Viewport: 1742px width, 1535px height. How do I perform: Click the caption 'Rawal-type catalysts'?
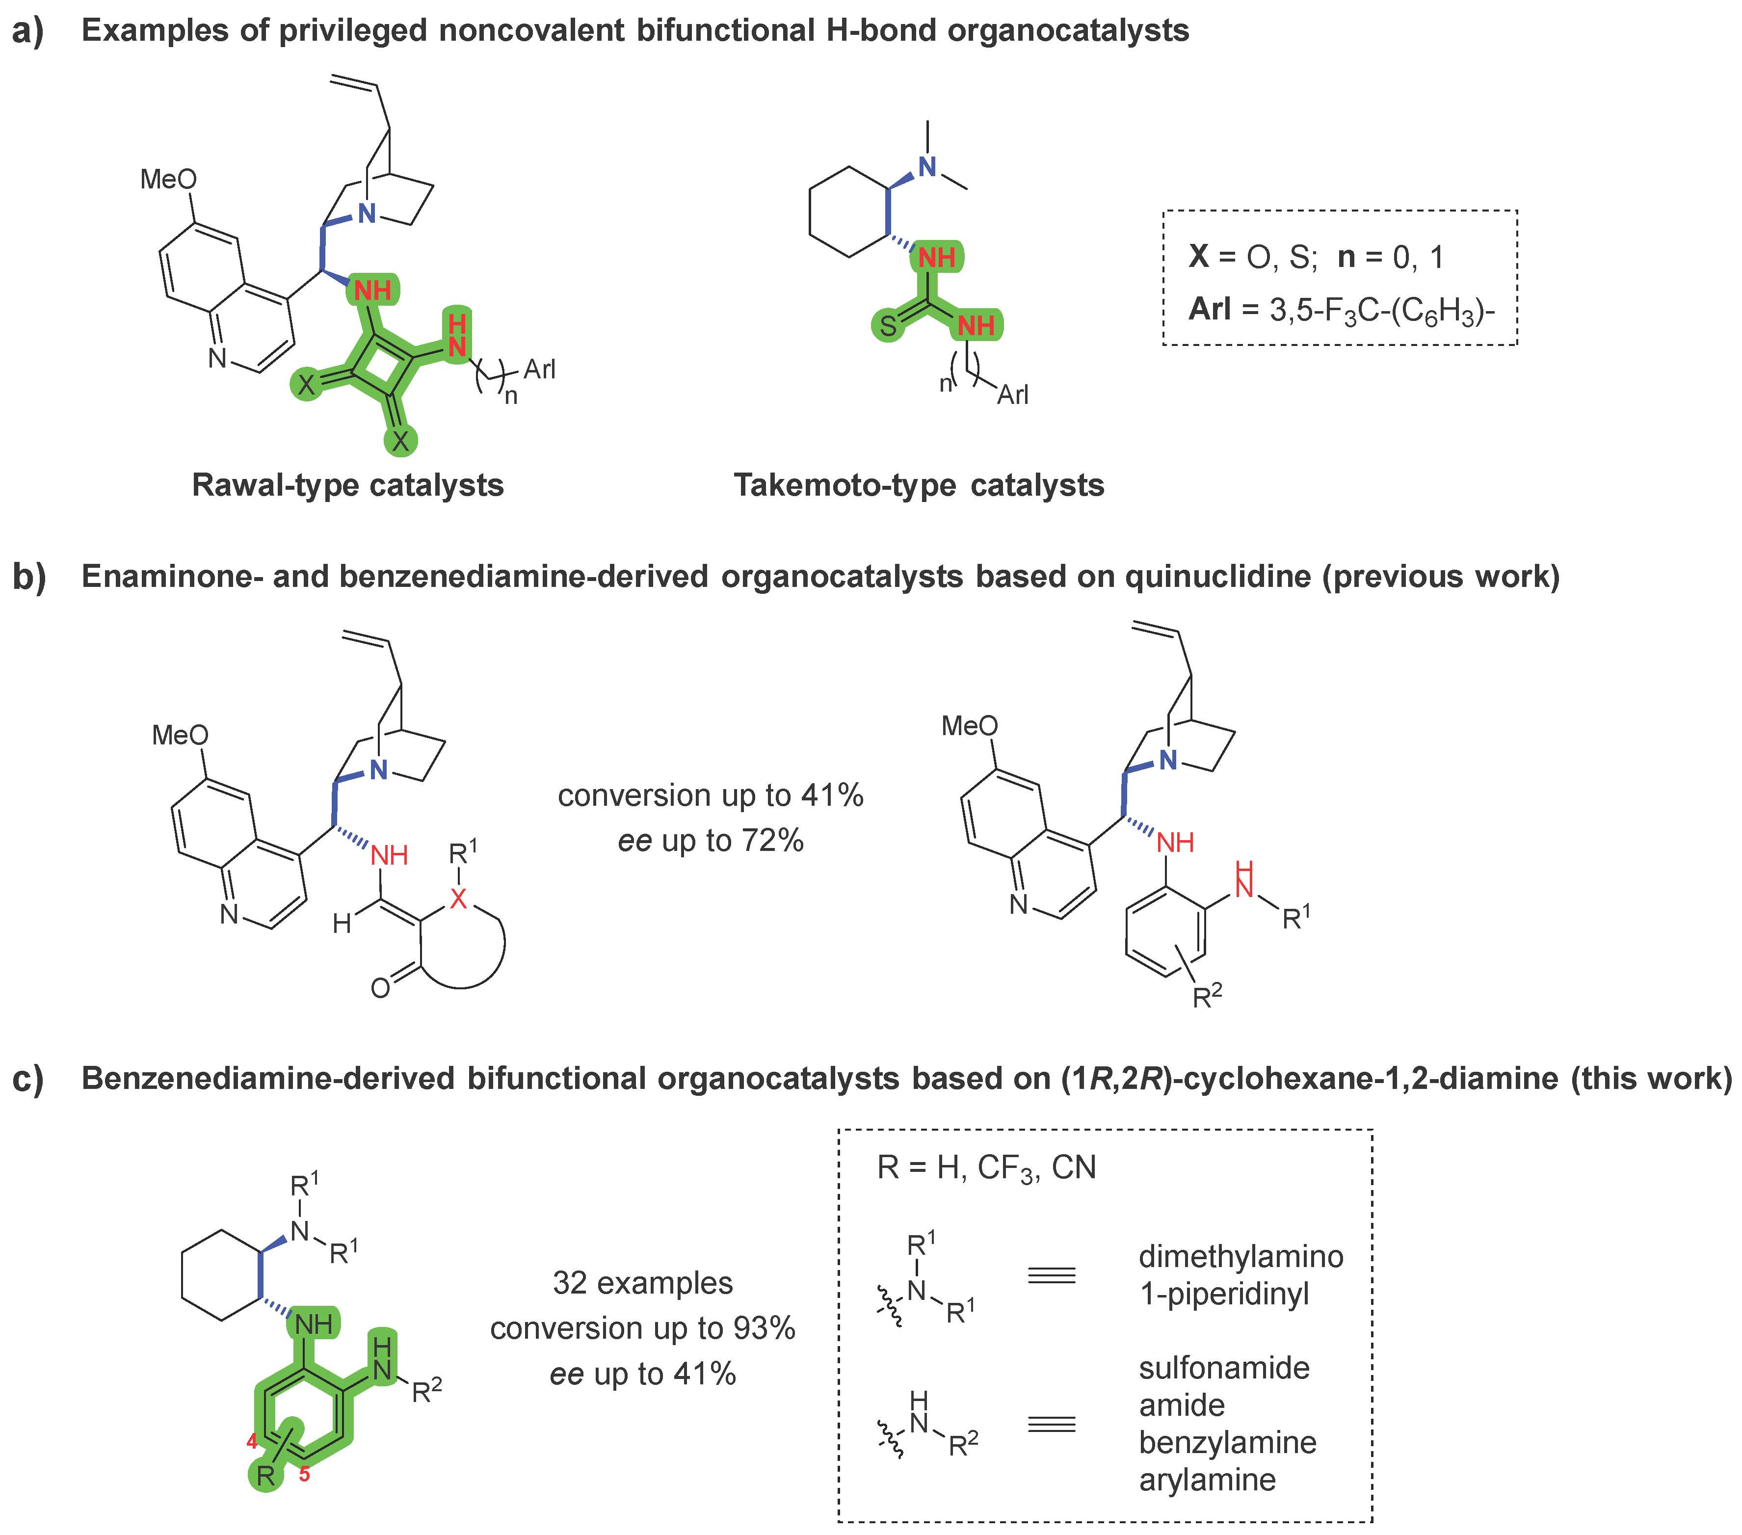tap(348, 485)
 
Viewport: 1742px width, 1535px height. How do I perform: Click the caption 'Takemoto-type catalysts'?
tap(919, 485)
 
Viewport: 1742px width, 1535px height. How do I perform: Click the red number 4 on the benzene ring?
tap(252, 1441)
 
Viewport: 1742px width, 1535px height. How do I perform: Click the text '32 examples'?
tap(643, 1283)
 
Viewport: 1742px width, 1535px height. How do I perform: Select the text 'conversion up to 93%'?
tap(643, 1328)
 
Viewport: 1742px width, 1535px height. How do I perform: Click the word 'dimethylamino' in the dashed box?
tap(1241, 1256)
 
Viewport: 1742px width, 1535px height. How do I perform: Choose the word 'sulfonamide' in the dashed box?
tap(1224, 1368)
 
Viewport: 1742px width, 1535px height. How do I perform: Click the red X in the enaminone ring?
tap(458, 899)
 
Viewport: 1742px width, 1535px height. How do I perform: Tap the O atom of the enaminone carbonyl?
tap(380, 989)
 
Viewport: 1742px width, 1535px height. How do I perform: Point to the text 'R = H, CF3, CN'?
tap(986, 1167)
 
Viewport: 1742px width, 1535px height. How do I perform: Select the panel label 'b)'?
tap(29, 577)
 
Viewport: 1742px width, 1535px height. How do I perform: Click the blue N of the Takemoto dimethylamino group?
tap(927, 167)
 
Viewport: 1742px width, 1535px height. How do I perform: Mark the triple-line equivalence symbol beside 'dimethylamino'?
tap(1052, 1276)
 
